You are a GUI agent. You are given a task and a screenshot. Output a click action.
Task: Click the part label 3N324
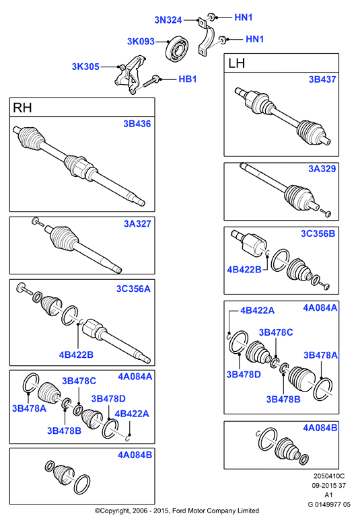[168, 20]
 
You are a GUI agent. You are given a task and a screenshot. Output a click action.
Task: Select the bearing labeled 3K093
[177, 49]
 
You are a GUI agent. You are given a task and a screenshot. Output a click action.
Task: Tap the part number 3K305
[85, 67]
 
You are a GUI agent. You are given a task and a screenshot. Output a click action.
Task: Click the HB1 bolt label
[188, 79]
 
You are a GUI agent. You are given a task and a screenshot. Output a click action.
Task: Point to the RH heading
[22, 108]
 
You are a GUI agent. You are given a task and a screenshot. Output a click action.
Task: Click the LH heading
[236, 63]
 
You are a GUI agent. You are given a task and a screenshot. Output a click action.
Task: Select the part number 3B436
[137, 124]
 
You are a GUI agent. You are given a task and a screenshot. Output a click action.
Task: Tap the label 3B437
[322, 79]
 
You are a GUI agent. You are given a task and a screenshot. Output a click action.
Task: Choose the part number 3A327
[137, 223]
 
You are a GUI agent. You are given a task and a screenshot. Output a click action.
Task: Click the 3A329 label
[322, 169]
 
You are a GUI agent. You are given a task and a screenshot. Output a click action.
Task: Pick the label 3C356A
[133, 289]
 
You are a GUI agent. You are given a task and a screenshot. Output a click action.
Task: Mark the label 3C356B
[318, 233]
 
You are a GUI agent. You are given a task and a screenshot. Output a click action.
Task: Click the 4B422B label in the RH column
[76, 354]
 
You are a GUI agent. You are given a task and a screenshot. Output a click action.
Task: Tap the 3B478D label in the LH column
[244, 375]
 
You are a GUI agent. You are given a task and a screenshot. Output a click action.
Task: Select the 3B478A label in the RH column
[30, 408]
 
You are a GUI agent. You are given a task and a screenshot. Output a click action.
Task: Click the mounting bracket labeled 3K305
[131, 75]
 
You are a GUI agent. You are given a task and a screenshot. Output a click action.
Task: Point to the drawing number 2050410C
[329, 476]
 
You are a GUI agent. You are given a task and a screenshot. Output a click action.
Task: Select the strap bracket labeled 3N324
[207, 38]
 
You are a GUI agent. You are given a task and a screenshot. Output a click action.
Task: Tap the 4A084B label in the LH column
[320, 428]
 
